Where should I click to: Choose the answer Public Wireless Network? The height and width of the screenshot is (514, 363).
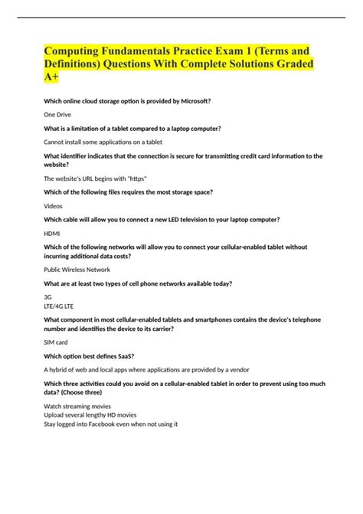point(77,270)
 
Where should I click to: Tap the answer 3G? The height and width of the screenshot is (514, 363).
point(48,296)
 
